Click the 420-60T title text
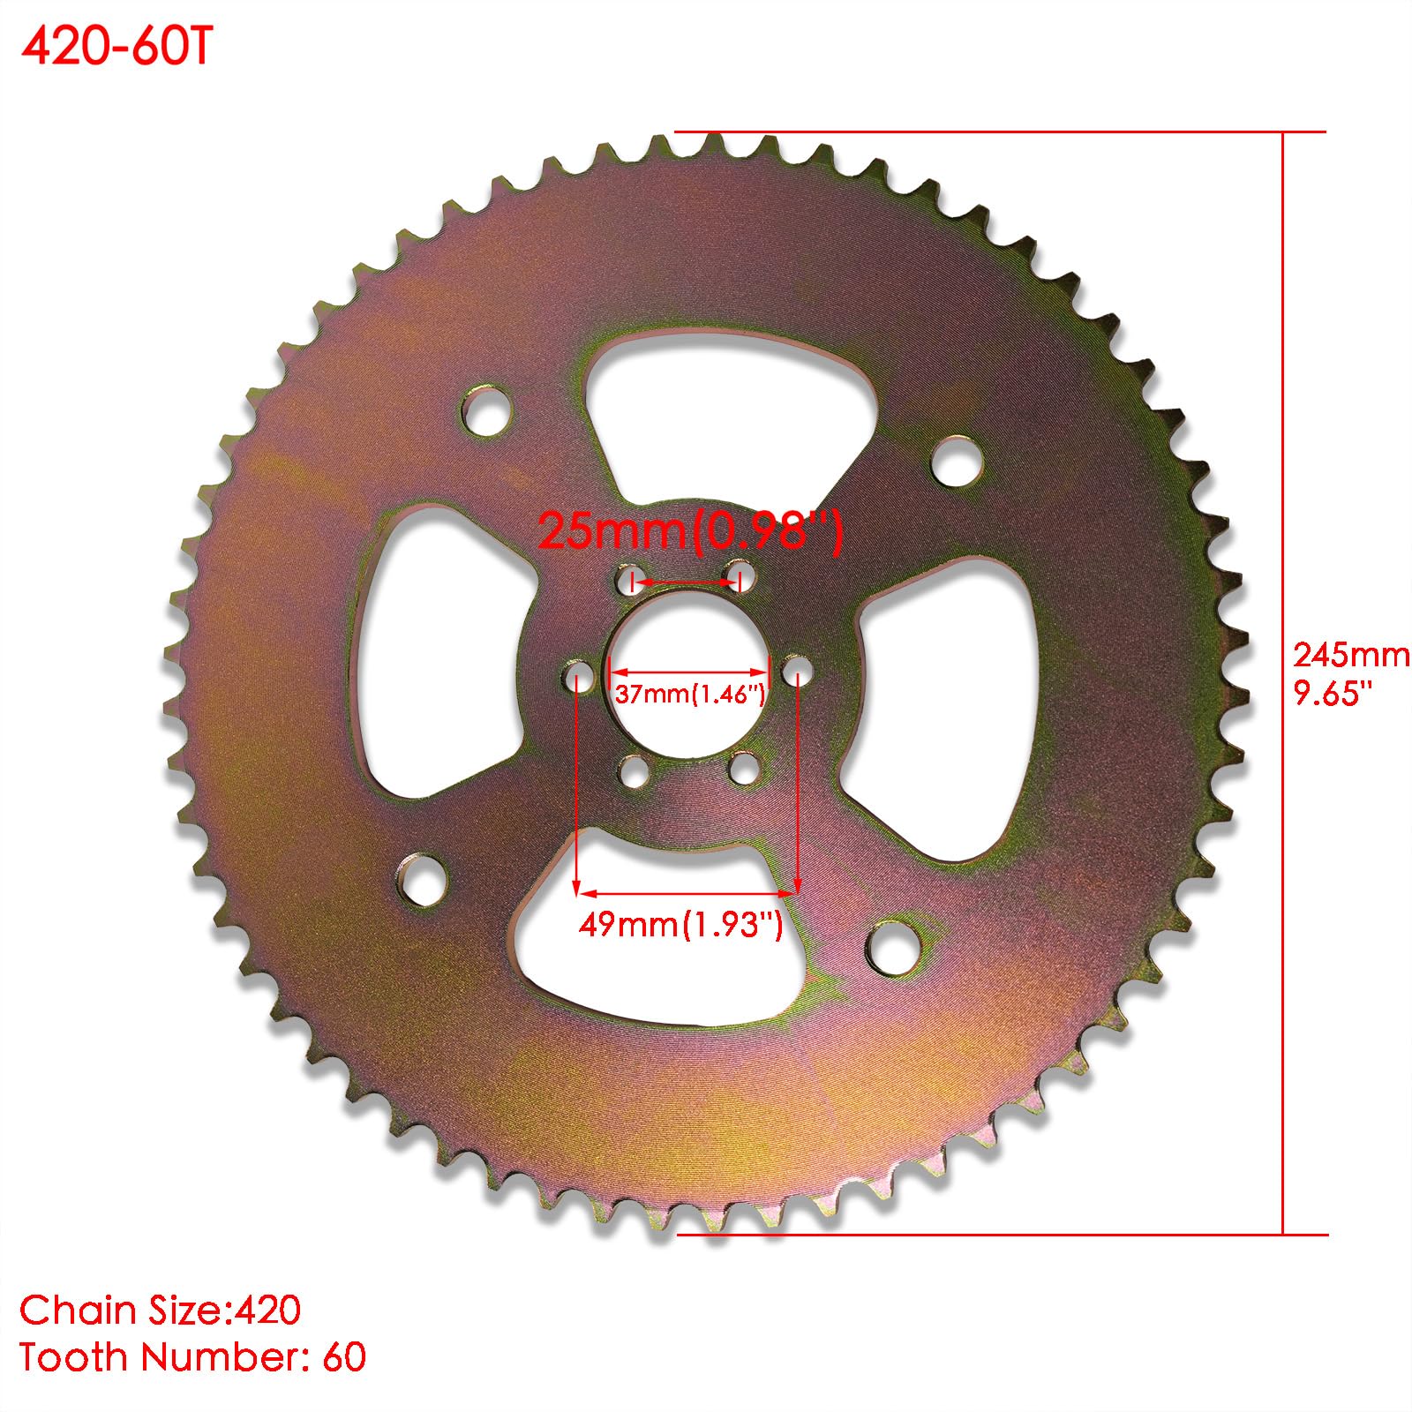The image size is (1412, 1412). click(x=116, y=48)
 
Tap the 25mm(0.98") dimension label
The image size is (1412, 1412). click(x=690, y=531)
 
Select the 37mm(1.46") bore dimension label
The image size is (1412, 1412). click(x=690, y=694)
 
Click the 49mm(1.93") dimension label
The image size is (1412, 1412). click(x=680, y=924)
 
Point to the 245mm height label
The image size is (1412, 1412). click(x=1350, y=655)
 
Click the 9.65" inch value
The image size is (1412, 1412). click(x=1333, y=693)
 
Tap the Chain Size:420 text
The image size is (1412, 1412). click(x=161, y=1311)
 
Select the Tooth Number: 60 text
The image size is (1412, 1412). click(x=192, y=1357)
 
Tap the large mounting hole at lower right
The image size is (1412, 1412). click(x=893, y=944)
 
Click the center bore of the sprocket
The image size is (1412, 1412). click(x=688, y=675)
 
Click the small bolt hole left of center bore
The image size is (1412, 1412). click(x=578, y=678)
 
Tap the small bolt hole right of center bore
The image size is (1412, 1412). click(x=798, y=668)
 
